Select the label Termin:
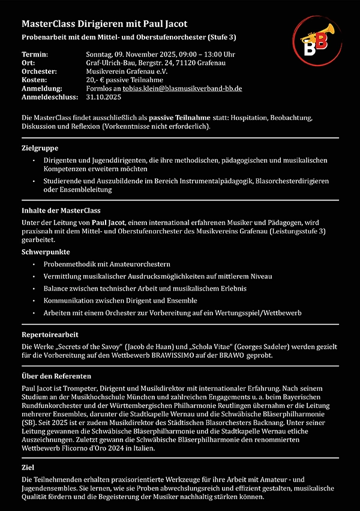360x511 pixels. click(x=34, y=54)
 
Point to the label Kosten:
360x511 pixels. click(x=34, y=79)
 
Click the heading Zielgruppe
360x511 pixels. click(x=40, y=148)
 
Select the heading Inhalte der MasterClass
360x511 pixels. click(x=61, y=211)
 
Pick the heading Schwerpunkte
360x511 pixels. click(x=46, y=252)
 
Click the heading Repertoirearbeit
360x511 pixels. click(x=50, y=334)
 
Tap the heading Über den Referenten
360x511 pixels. click(x=56, y=375)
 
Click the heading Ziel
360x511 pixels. click(x=28, y=467)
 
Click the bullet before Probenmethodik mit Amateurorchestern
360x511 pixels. click(x=35, y=264)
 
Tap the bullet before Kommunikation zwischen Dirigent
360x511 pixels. click(x=35, y=301)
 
